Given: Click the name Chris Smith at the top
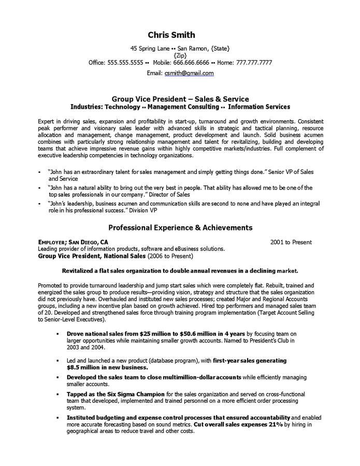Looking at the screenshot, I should pyautogui.click(x=171, y=35).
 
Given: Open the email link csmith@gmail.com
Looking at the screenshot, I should pyautogui.click(x=189, y=74).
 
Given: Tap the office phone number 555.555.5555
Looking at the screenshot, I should pyautogui.click(x=125, y=63).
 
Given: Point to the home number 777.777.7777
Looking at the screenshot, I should pyautogui.click(x=254, y=63).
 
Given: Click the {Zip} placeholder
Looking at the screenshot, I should pyautogui.click(x=180, y=55).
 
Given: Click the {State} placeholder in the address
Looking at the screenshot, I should pyautogui.click(x=220, y=49).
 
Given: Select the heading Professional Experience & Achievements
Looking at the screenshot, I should pyautogui.click(x=180, y=227).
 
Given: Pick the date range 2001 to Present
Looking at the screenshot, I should pyautogui.click(x=291, y=242).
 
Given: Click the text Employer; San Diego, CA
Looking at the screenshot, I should pyautogui.click(x=74, y=242).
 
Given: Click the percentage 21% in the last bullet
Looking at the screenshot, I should pyautogui.click(x=272, y=425).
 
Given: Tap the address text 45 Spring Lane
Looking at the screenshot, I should pyautogui.click(x=150, y=49).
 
